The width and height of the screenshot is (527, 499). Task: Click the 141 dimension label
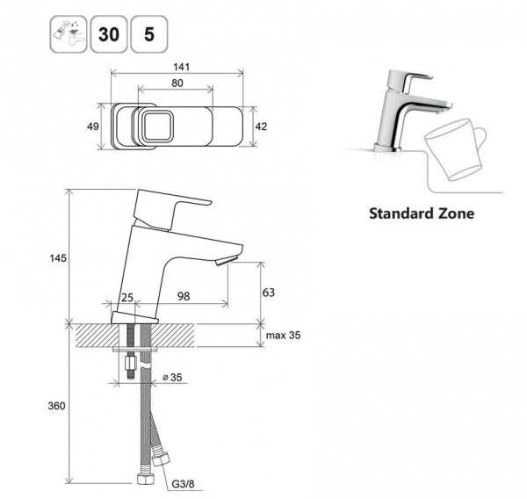[182, 67]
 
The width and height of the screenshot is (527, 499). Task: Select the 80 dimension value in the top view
[177, 83]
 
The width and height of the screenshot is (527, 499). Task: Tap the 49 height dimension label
[93, 127]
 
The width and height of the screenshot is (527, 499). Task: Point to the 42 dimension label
[261, 127]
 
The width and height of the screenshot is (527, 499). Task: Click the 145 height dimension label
[58, 258]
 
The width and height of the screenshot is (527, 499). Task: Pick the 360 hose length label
[56, 406]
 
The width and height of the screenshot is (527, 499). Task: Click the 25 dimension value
[127, 297]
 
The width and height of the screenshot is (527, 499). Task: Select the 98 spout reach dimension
[184, 296]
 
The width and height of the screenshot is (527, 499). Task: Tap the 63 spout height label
[269, 293]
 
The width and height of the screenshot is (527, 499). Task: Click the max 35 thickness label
[284, 336]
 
